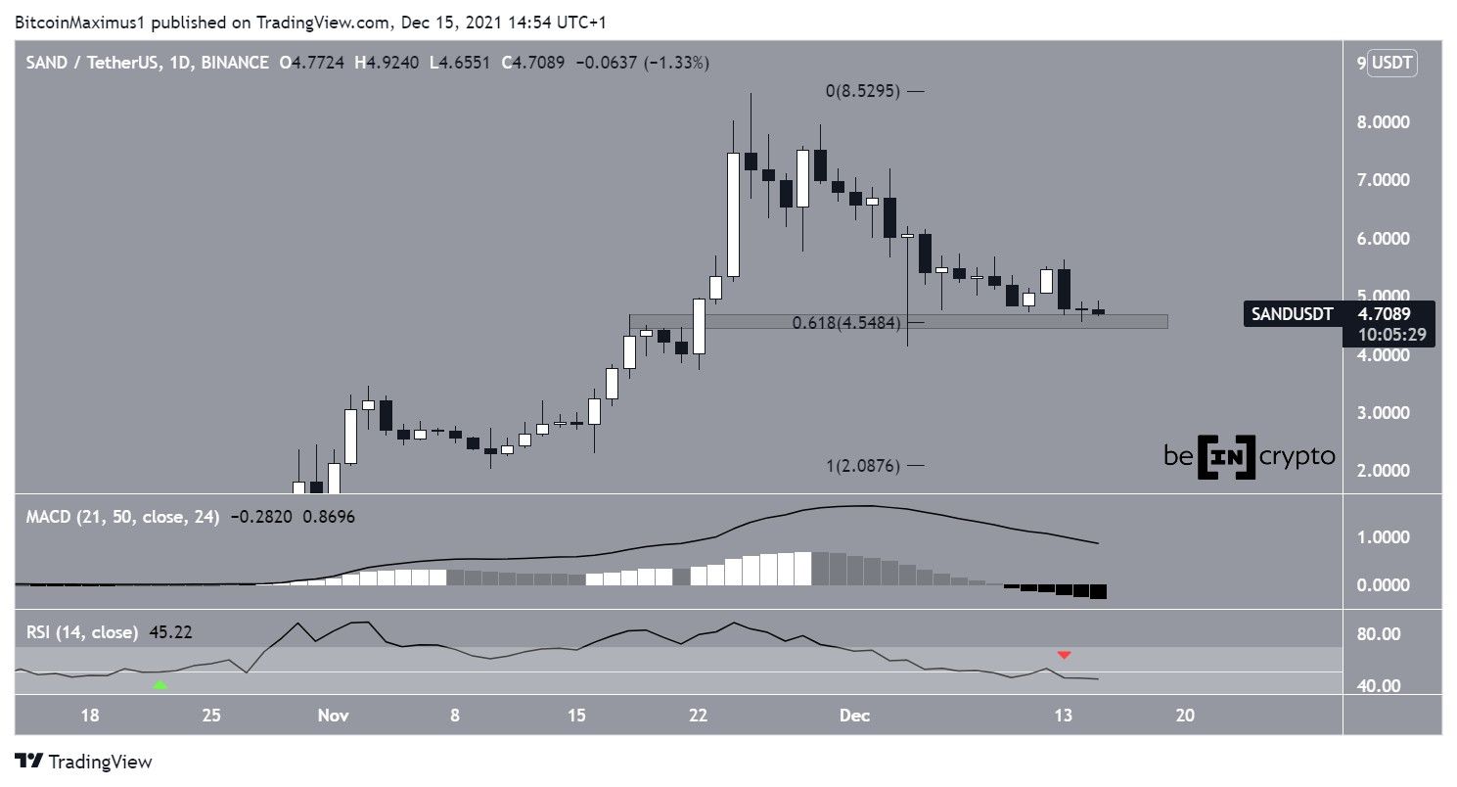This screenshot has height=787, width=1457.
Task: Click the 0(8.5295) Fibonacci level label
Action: [x=860, y=91]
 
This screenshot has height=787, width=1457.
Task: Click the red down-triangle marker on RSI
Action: [x=1064, y=654]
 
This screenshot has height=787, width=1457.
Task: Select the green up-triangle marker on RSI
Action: [x=160, y=685]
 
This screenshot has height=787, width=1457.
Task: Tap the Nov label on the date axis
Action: [x=333, y=716]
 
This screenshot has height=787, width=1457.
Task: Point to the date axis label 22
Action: [x=698, y=716]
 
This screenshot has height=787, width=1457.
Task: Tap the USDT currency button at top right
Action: [x=1392, y=64]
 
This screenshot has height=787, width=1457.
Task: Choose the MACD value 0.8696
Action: [x=331, y=515]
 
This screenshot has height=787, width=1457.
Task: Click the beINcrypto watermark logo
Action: [x=1249, y=456]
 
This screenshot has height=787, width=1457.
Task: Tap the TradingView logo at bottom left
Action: [x=83, y=762]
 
